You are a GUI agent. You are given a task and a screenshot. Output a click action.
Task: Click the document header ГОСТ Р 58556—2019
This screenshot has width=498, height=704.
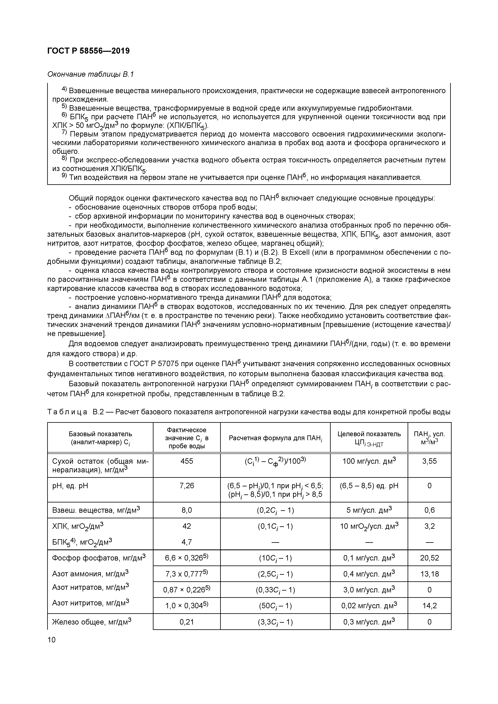pos(88,51)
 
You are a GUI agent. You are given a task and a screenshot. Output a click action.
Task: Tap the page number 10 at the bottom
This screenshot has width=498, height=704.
pos(52,640)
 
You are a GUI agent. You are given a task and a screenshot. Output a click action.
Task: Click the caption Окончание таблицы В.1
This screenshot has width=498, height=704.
pos(91,74)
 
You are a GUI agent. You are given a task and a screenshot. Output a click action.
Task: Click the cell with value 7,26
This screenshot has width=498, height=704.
pos(187,486)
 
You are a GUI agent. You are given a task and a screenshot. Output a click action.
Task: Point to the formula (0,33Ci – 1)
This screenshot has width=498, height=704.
pos(275,590)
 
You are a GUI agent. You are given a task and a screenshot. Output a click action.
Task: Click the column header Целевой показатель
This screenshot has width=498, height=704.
pos(369,434)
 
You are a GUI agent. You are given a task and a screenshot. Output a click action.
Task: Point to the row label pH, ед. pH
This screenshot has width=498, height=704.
pos(70,486)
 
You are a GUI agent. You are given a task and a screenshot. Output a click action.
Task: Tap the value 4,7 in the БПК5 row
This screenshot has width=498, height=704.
pos(187,542)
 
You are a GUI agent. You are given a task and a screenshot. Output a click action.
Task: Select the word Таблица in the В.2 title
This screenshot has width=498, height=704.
pos(67,412)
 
